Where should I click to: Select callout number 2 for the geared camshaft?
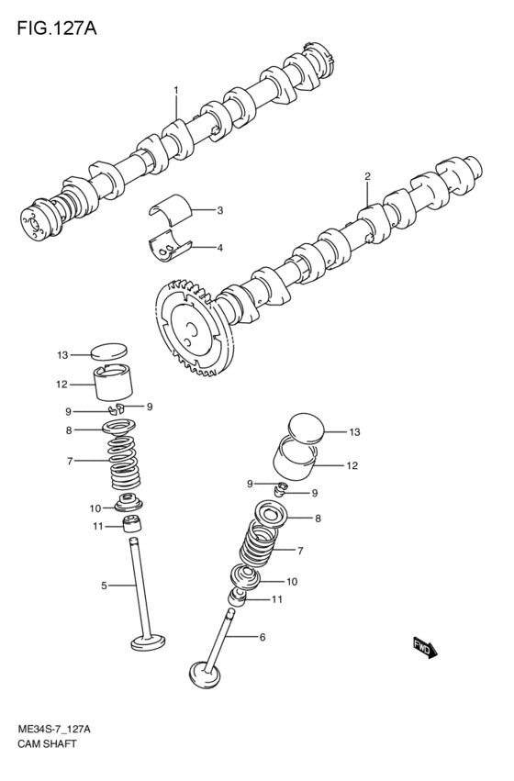click(367, 176)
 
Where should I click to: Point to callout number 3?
click(220, 210)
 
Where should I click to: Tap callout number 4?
click(220, 247)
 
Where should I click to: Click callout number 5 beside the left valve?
click(104, 585)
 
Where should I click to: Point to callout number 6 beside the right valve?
click(262, 636)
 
